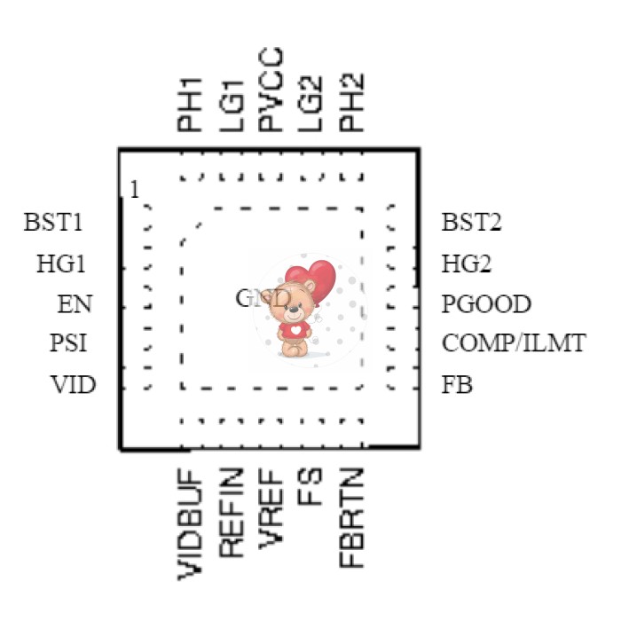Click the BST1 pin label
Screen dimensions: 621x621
54,222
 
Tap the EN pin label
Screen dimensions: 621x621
75,305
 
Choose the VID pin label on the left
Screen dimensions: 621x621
72,386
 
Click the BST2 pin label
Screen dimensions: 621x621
472,222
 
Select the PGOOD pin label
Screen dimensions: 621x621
486,305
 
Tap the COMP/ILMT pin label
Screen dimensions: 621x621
514,343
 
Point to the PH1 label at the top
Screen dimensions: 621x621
190,104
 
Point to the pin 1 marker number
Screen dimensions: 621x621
134,190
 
